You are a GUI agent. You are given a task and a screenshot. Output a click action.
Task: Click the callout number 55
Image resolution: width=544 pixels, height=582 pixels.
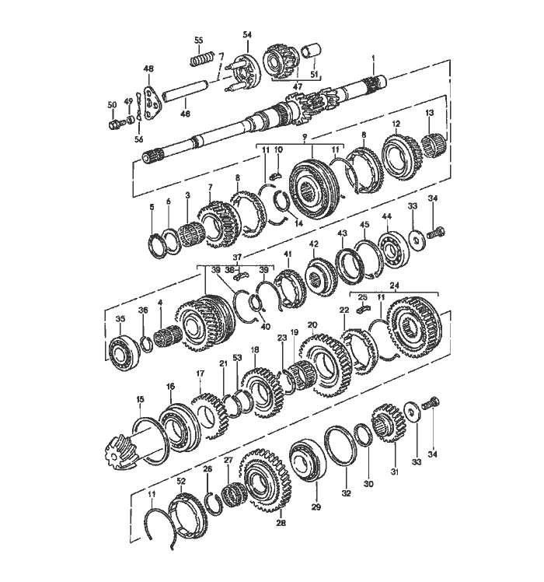coord(198,40)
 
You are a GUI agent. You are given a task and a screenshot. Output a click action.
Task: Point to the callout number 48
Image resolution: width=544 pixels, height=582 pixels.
coord(148,69)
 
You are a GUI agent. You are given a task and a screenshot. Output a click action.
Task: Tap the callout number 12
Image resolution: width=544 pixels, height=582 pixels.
coord(396,124)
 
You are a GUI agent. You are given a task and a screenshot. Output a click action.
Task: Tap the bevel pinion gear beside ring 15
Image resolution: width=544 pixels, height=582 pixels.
coord(117,452)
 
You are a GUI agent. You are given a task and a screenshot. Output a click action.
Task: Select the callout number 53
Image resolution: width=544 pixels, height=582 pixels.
coord(237,358)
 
